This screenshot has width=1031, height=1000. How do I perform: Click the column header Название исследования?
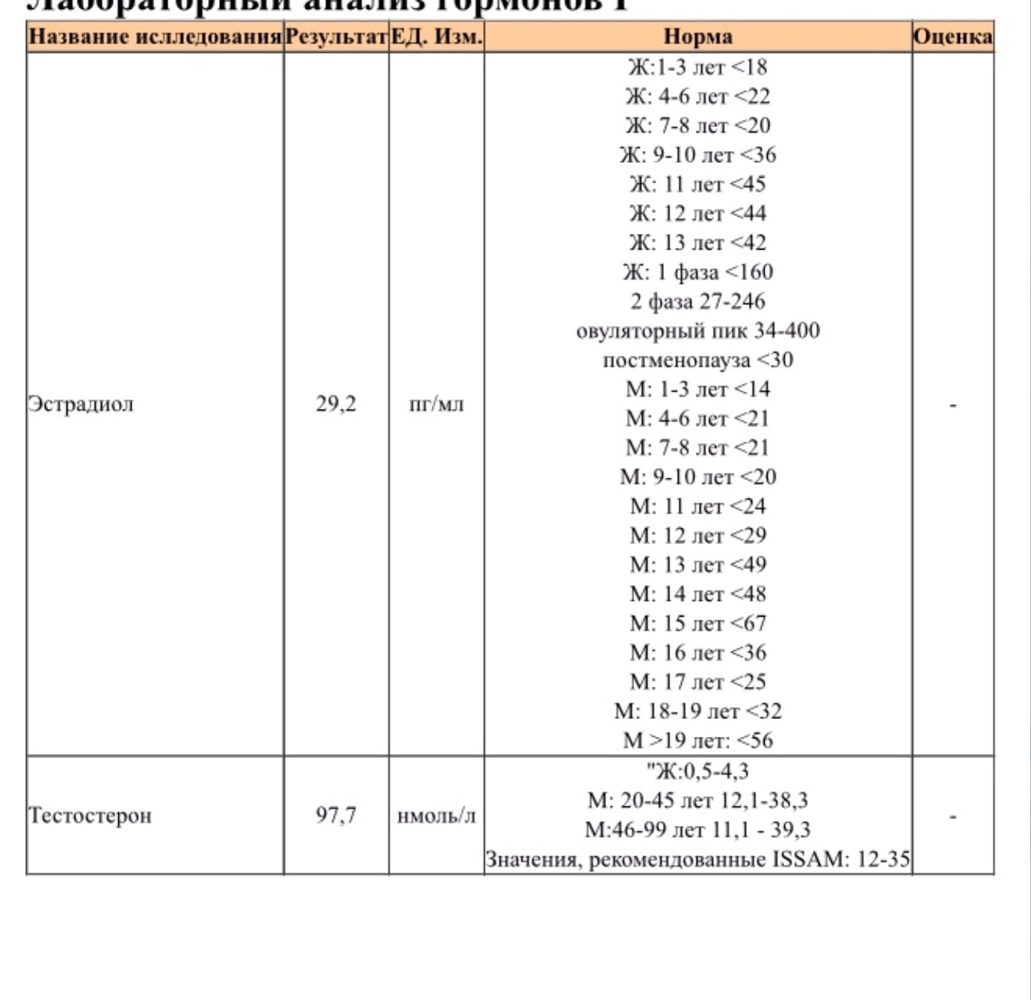pos(155,37)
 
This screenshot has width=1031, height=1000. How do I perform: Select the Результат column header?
pos(336,37)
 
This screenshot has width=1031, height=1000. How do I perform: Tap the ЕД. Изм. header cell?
pos(437,37)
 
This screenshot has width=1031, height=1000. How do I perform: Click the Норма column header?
pos(698,37)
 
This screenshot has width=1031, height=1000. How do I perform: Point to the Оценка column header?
pos(953,37)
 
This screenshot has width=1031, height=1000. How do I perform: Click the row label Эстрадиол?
pos(81,404)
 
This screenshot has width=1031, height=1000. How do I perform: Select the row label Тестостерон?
pos(90,815)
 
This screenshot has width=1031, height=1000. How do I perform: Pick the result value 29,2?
pos(336,404)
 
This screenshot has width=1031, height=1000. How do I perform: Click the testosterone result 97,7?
pos(336,815)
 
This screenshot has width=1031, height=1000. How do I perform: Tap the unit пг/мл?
pos(437,405)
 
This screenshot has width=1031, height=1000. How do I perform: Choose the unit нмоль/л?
pos(437,815)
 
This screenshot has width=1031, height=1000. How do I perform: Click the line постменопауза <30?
pos(698,359)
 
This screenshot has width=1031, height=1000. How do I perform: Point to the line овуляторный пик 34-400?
pos(698,330)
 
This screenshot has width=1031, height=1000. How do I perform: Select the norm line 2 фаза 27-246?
pos(698,301)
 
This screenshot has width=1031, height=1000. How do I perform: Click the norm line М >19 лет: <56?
pos(698,741)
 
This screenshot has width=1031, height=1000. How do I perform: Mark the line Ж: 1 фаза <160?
pos(698,272)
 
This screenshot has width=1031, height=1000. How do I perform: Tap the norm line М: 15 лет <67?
pos(698,623)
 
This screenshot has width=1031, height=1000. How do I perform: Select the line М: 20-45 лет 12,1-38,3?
pos(698,800)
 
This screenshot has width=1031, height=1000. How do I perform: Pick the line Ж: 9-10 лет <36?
pos(698,155)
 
